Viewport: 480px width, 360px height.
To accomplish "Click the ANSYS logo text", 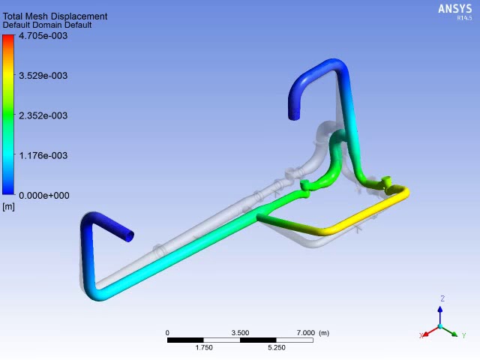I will click(x=454, y=9).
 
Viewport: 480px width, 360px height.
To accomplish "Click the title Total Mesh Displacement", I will click(x=55, y=16).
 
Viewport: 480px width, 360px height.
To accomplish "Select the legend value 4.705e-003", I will click(x=43, y=35).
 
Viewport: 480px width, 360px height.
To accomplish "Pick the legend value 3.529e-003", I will click(x=43, y=75).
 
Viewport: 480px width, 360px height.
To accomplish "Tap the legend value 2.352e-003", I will click(x=43, y=115).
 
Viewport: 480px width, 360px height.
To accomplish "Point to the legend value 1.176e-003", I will click(x=43, y=155).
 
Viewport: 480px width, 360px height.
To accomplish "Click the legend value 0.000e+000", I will click(x=44, y=196).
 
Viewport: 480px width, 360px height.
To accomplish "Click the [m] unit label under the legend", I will click(x=8, y=207).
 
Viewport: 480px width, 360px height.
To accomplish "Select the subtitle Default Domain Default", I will click(x=47, y=25).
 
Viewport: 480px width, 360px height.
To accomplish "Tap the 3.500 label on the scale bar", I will click(x=240, y=333).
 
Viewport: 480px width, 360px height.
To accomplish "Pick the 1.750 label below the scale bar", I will click(x=203, y=347).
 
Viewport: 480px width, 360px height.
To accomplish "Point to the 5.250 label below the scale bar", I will click(x=276, y=347).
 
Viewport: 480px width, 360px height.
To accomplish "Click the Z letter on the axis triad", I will click(x=442, y=299).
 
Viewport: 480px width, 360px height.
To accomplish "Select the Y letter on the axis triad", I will click(x=464, y=336).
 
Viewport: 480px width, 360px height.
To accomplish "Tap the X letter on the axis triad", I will click(x=421, y=336).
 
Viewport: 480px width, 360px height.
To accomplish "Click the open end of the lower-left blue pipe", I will click(x=130, y=236).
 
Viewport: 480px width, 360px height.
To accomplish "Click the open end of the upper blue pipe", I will click(x=294, y=115).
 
